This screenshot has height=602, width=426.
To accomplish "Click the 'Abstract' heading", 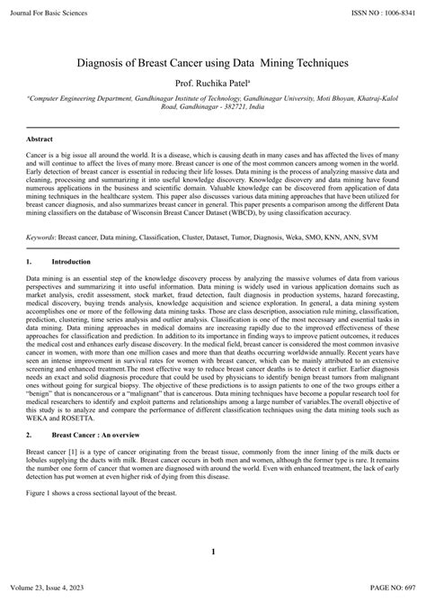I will point(40,140).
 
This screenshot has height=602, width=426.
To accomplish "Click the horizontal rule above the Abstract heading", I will point(213,128).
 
